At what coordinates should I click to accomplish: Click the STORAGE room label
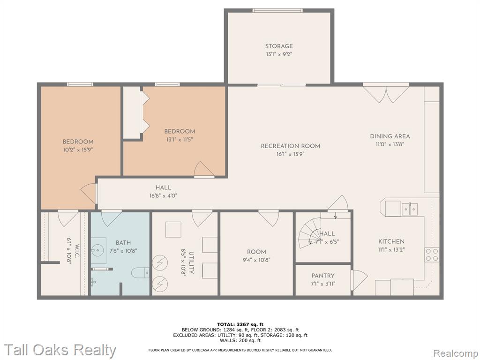[x=279, y=46]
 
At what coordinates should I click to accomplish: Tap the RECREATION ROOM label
[x=291, y=146]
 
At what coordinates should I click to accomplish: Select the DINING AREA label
[x=390, y=136]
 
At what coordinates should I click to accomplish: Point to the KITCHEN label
[x=391, y=241]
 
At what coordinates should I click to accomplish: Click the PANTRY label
[x=323, y=276]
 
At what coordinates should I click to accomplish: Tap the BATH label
[x=123, y=243]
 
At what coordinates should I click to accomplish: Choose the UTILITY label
[x=191, y=262]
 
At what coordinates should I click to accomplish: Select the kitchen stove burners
[x=432, y=255]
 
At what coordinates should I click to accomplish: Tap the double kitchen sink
[x=410, y=209]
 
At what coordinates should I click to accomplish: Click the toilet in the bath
[x=140, y=273]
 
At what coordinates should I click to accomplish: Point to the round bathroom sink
[x=97, y=251]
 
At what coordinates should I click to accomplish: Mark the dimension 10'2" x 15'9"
[x=78, y=150]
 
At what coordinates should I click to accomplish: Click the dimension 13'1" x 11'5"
[x=180, y=140]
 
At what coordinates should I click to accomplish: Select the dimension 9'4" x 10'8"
[x=256, y=260]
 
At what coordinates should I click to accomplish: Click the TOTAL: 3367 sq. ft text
[x=240, y=324]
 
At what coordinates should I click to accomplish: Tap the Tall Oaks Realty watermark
[x=60, y=350]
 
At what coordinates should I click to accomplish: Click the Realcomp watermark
[x=455, y=353]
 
